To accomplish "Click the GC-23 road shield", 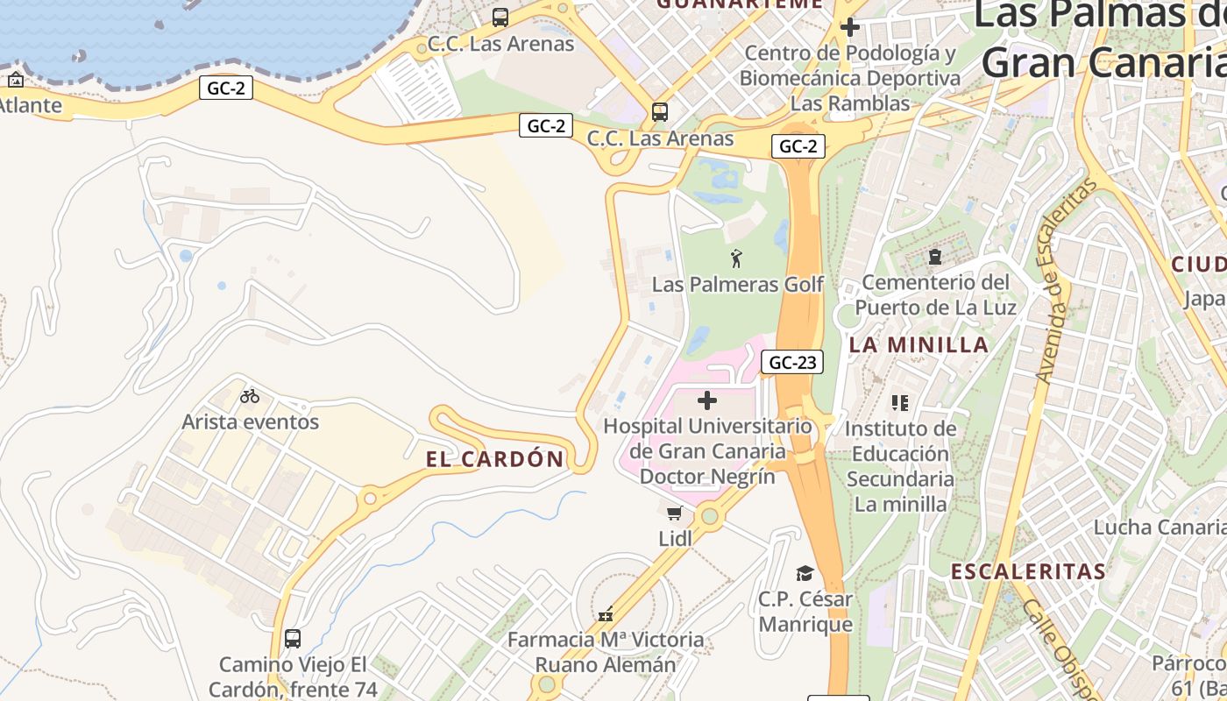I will (x=791, y=362).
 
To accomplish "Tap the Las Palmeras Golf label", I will (x=737, y=285).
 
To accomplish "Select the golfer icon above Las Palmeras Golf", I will (x=736, y=258).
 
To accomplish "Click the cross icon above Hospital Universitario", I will (x=707, y=401).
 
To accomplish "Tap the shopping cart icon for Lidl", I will (x=674, y=513).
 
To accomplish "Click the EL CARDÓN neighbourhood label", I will (x=495, y=459).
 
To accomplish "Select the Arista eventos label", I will (x=250, y=421).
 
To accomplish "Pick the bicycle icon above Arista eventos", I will (x=250, y=396).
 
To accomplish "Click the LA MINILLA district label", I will (x=918, y=344).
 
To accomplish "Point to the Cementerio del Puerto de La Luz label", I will (x=935, y=295).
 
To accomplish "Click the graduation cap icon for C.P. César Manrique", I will (x=805, y=574).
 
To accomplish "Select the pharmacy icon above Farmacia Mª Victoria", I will (x=605, y=614).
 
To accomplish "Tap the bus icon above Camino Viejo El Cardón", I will (x=293, y=639).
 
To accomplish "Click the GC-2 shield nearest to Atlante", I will (x=226, y=88).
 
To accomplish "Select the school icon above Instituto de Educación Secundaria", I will (x=899, y=403).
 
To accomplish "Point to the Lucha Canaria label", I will (x=1159, y=528).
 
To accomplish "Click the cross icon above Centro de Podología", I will (x=848, y=27).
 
